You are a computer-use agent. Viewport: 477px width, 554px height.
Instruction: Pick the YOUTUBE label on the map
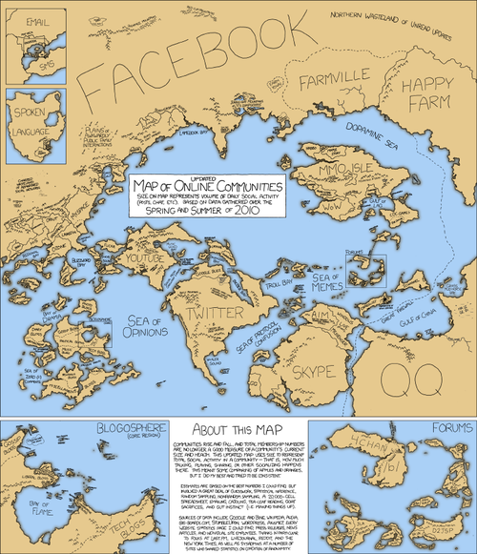pyautogui.click(x=148, y=258)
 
